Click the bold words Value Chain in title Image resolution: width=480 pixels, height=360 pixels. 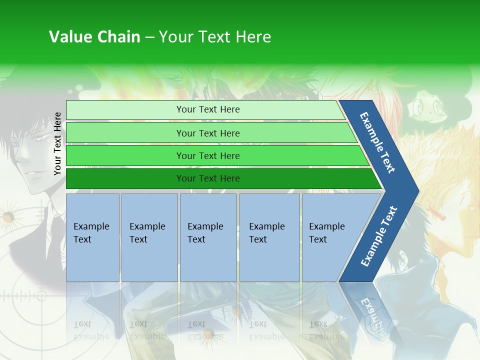[94, 37]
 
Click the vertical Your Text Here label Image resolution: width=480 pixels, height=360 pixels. [57, 143]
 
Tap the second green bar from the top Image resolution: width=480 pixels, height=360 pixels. [207, 133]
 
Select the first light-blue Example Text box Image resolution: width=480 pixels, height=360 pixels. [92, 237]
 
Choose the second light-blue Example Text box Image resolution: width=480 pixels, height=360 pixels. [149, 237]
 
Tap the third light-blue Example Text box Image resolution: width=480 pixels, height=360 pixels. [208, 237]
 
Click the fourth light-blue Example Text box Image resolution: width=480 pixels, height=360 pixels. [269, 237]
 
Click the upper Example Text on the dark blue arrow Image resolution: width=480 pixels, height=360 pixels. [378, 142]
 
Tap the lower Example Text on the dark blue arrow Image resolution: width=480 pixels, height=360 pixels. [379, 236]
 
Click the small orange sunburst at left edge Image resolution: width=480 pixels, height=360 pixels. [7, 217]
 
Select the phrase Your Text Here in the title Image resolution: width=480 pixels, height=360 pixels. [215, 37]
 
